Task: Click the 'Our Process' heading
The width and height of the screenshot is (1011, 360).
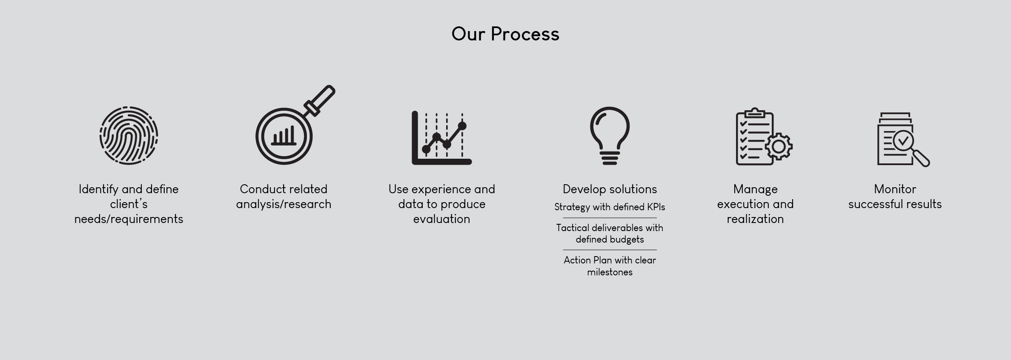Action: [505, 34]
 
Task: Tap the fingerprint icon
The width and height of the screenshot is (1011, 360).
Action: [129, 135]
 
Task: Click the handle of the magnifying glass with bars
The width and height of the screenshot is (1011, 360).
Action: [320, 100]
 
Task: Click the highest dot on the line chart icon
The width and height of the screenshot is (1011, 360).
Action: [462, 126]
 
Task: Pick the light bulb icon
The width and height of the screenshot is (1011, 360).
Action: [610, 136]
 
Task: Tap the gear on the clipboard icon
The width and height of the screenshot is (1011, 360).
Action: [779, 147]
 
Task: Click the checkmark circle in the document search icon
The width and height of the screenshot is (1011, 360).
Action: [903, 140]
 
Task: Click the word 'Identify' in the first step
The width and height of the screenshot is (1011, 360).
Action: [98, 189]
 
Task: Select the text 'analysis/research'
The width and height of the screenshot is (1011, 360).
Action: [284, 204]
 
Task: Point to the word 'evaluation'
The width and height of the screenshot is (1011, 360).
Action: [441, 219]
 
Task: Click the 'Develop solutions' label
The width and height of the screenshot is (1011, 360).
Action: [610, 189]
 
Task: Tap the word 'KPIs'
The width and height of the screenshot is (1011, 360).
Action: [656, 207]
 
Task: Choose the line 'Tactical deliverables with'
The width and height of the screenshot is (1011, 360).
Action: [610, 228]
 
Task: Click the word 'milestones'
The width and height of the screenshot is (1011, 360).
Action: [610, 272]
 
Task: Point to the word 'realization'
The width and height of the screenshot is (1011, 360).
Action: [755, 219]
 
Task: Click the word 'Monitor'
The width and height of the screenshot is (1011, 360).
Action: [895, 189]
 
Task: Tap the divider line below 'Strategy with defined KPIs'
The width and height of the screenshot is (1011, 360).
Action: [610, 218]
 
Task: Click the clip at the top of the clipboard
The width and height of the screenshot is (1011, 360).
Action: [755, 113]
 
